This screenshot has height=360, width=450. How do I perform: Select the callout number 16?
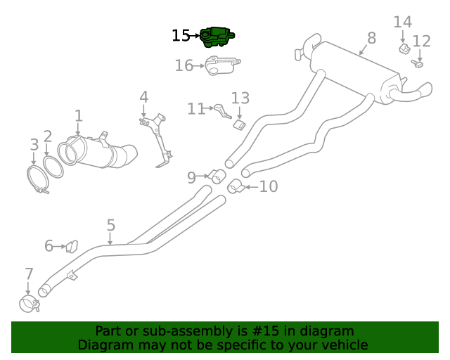(x=184, y=65)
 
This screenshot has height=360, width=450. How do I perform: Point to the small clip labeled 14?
(x=404, y=49)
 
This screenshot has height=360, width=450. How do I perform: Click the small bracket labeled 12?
(x=417, y=65)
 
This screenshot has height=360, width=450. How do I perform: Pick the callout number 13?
(x=240, y=98)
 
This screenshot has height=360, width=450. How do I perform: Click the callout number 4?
(x=143, y=96)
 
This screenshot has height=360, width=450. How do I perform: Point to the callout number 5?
(x=110, y=225)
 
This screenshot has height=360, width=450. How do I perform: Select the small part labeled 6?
(x=71, y=246)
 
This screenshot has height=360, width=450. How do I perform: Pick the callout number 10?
(x=269, y=186)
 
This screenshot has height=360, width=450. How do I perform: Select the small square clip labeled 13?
(x=238, y=124)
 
